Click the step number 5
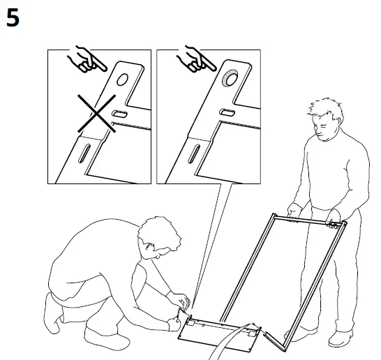pos(13,19)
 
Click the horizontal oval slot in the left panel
pos(119,113)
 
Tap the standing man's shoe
pos(341,338)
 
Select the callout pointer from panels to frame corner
pos(209,244)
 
